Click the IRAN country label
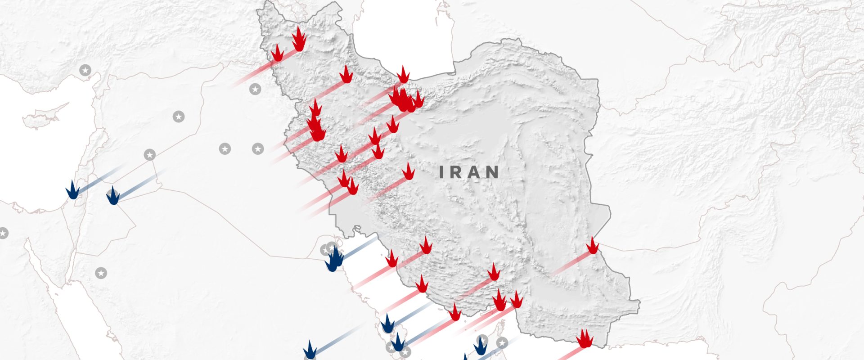click(x=469, y=172)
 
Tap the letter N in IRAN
click(x=492, y=172)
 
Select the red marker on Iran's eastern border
click(x=593, y=246)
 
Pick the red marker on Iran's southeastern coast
click(x=585, y=338)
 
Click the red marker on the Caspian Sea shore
click(x=403, y=75)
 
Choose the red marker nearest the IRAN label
click(x=408, y=172)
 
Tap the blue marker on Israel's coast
click(x=72, y=190)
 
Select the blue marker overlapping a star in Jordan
click(x=112, y=196)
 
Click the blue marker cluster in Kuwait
click(x=333, y=261)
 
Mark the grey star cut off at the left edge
click(x=3, y=233)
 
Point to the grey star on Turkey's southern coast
click(x=85, y=70)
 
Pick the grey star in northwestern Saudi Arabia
click(x=101, y=273)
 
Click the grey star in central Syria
click(x=179, y=117)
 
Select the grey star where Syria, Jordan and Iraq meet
click(x=150, y=155)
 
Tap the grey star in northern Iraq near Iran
click(x=255, y=89)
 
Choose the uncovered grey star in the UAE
click(x=502, y=343)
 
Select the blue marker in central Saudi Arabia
click(x=310, y=351)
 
